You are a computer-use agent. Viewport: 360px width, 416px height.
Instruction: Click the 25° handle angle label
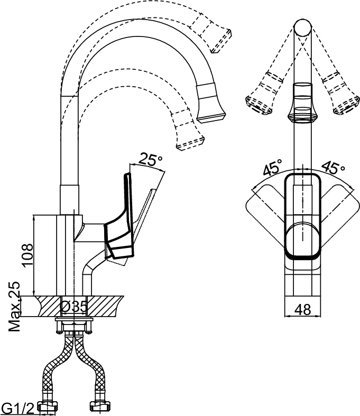[x=151, y=159]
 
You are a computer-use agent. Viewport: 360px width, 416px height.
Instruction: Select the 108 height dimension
[x=27, y=254]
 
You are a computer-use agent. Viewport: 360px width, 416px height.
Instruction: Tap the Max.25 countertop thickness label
[x=14, y=306]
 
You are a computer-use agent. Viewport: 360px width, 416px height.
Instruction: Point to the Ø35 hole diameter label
[x=73, y=307]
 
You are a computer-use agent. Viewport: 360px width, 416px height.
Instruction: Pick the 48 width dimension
[x=302, y=309]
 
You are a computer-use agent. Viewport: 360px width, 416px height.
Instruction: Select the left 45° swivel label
[x=272, y=168]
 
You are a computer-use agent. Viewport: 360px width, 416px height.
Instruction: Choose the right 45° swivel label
[x=333, y=167]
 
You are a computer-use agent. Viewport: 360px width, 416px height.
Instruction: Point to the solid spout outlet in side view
[x=211, y=104]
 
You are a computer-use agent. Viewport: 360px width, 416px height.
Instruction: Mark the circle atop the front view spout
[x=302, y=28]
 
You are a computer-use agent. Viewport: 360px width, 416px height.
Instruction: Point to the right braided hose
[x=89, y=366]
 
